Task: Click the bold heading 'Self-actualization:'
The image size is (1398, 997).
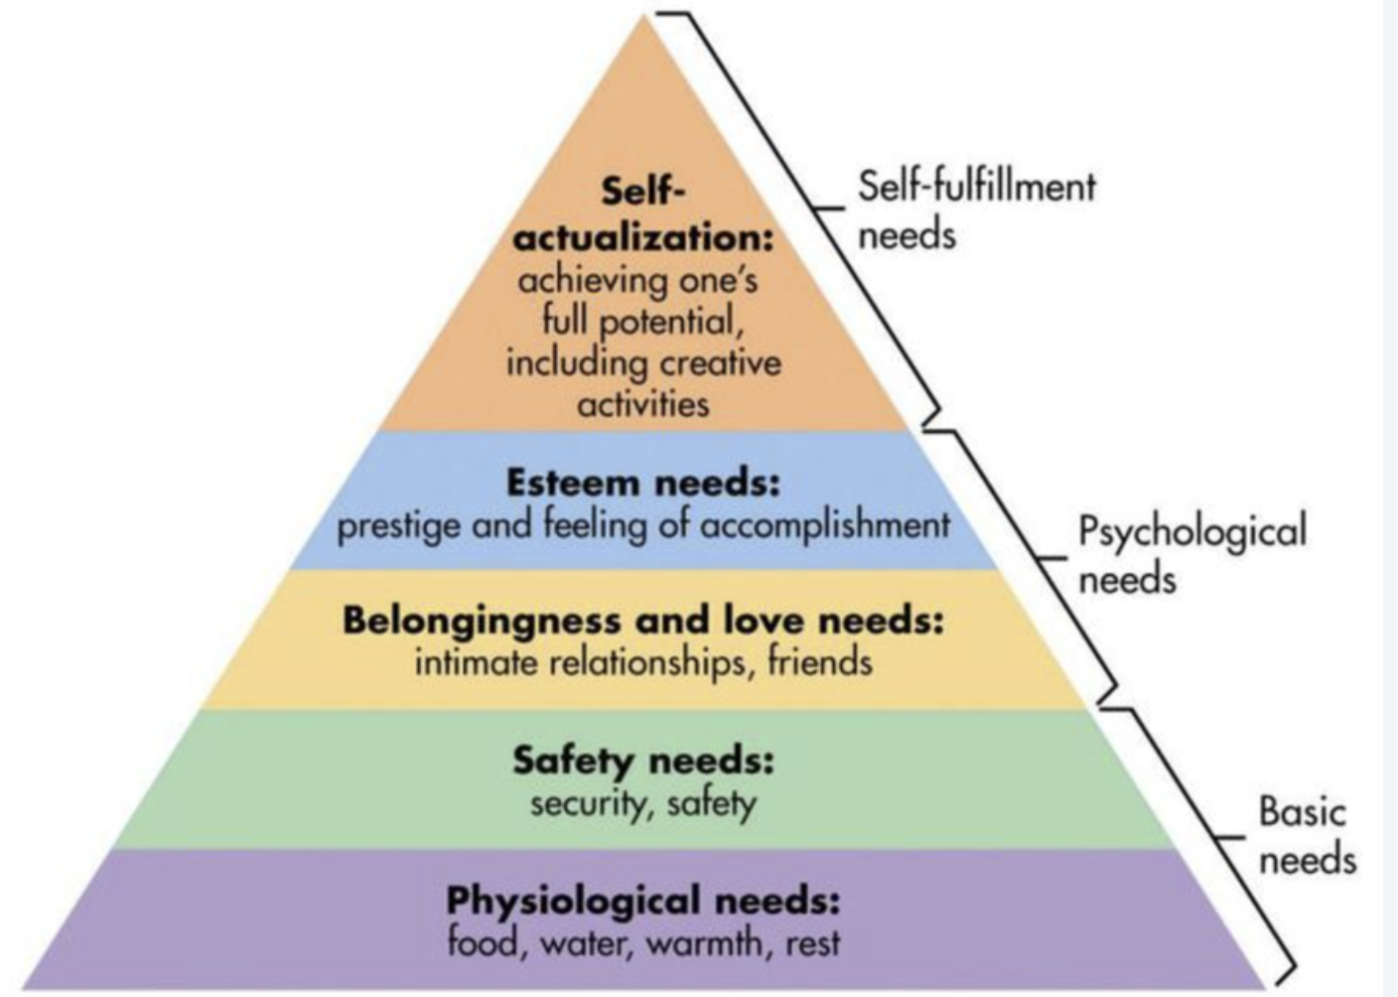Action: click(x=643, y=214)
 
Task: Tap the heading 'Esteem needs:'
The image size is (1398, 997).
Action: click(x=643, y=483)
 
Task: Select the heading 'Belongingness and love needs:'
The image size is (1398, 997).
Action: click(x=643, y=623)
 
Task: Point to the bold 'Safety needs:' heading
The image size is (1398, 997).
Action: click(x=643, y=762)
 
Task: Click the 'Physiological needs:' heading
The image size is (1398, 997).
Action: click(x=643, y=902)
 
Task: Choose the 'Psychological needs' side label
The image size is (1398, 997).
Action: click(x=1192, y=554)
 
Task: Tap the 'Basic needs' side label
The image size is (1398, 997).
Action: click(x=1308, y=835)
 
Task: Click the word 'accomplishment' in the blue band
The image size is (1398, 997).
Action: click(x=825, y=525)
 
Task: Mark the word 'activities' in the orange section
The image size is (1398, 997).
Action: click(x=643, y=404)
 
